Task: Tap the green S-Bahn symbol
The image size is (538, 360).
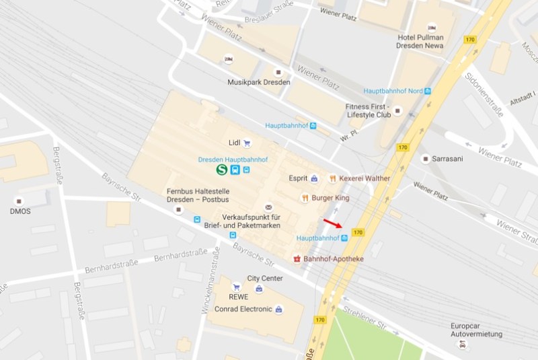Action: tap(222, 170)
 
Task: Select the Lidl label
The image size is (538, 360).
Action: tap(234, 143)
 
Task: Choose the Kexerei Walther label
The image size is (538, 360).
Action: tap(364, 178)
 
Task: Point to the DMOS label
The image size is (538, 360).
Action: tap(20, 211)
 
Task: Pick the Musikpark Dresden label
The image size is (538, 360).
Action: tap(259, 82)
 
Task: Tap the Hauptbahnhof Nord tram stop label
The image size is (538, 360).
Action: tap(393, 91)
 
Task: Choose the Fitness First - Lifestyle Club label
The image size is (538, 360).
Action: tap(369, 110)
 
